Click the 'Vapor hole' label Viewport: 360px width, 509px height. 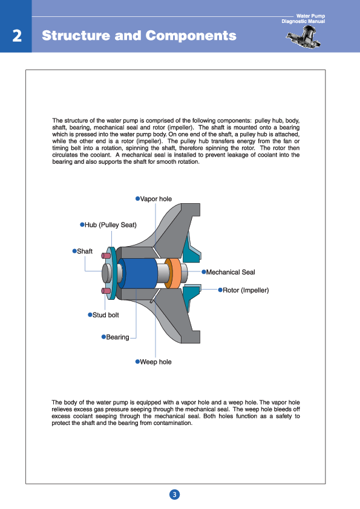point(156,199)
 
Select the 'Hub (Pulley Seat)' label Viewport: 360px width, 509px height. point(111,225)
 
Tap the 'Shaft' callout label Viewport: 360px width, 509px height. point(85,251)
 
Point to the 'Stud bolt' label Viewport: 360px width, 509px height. point(106,315)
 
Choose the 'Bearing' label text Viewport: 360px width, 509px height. point(117,337)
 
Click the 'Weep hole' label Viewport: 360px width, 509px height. point(155,361)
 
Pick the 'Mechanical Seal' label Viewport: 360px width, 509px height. point(231,272)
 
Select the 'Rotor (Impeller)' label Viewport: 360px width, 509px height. point(246,290)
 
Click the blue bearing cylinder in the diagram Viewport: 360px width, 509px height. point(138,273)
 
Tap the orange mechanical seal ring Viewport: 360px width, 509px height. point(172,273)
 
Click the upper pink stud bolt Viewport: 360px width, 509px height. point(106,256)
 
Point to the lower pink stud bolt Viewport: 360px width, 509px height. point(106,291)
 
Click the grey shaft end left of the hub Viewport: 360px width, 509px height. point(106,273)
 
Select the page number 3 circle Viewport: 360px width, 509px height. point(174,494)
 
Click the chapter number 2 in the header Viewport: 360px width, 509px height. point(17,36)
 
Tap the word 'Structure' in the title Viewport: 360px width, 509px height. point(76,36)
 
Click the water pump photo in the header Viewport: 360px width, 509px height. point(304,37)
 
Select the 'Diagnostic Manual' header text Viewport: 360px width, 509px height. point(303,21)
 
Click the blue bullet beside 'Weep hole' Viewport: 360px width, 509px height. point(137,361)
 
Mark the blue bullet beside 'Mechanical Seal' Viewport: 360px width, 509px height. point(204,272)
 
